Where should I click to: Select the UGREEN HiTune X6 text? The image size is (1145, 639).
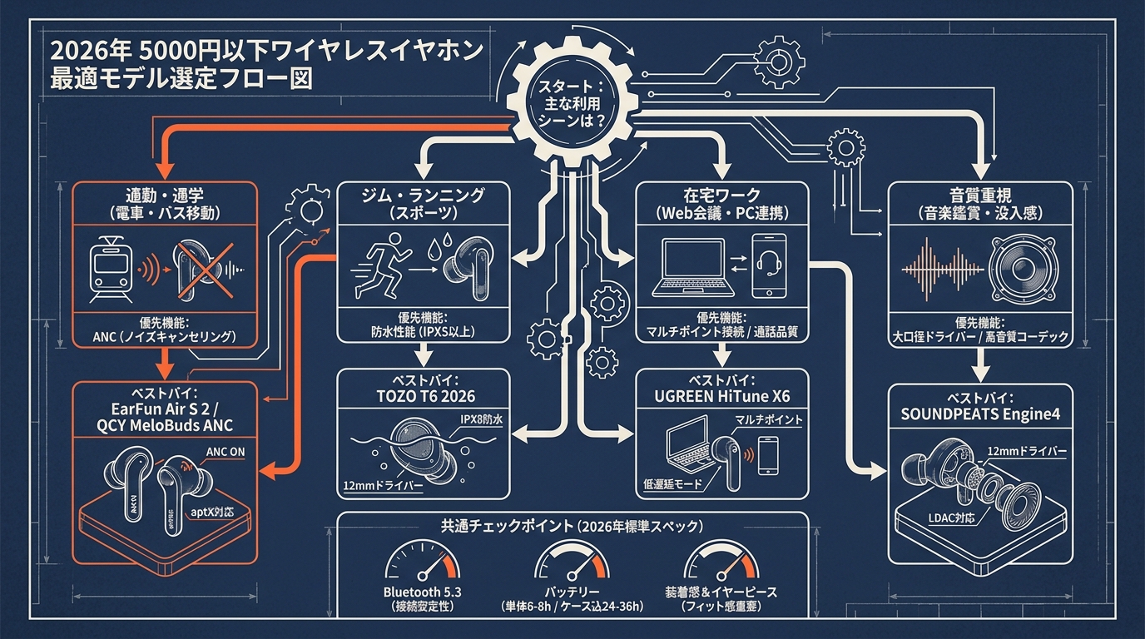point(721,396)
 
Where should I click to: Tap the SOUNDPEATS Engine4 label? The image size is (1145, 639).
point(979,413)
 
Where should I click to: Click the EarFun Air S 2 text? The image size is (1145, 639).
point(164,409)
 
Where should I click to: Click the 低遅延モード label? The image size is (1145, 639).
point(673,484)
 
